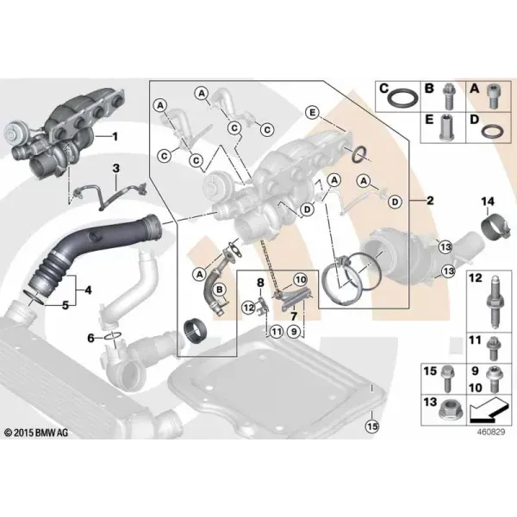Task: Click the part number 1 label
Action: click(115, 136)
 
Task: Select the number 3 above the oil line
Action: click(116, 169)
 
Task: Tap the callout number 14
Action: click(488, 201)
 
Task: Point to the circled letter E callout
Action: click(312, 113)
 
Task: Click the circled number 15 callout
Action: click(372, 426)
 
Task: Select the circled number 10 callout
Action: click(301, 280)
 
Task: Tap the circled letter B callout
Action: click(220, 290)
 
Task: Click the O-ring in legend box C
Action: click(402, 99)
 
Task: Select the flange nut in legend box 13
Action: click(451, 410)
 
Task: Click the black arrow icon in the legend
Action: click(488, 410)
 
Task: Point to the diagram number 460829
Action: click(490, 432)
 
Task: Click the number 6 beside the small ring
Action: click(90, 338)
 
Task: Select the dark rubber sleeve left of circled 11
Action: click(195, 332)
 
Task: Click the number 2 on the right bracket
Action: click(430, 200)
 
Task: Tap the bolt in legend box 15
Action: click(447, 380)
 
